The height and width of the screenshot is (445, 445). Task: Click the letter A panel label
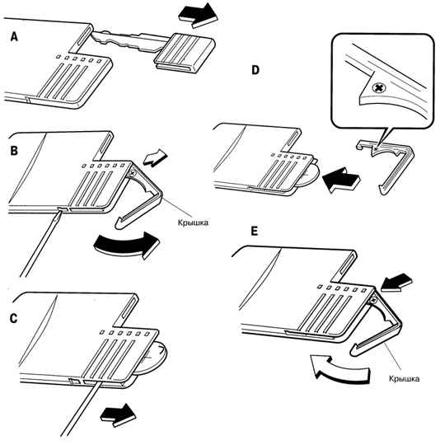click(14, 36)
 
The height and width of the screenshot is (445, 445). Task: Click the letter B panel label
click(14, 151)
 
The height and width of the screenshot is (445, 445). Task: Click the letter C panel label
click(13, 318)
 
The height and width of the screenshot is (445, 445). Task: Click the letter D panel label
click(255, 70)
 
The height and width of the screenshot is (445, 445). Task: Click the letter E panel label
click(255, 232)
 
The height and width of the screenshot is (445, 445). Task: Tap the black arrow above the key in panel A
click(198, 16)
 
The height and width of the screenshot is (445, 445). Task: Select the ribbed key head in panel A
click(185, 53)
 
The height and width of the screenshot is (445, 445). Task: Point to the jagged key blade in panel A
click(128, 41)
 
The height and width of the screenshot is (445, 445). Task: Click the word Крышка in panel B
click(193, 222)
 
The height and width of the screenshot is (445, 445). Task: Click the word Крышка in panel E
click(404, 379)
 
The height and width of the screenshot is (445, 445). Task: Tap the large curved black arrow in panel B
click(126, 245)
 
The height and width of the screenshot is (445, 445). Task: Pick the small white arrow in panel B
click(155, 157)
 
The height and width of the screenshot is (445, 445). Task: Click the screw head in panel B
click(132, 172)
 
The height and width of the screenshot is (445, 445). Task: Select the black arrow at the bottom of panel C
click(118, 415)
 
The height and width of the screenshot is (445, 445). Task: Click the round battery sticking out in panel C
click(153, 358)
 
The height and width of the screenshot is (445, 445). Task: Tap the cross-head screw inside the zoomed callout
click(378, 88)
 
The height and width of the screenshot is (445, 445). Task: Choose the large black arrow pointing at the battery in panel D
click(341, 180)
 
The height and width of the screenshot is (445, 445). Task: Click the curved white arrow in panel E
click(340, 369)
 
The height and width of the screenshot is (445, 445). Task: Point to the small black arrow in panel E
click(396, 283)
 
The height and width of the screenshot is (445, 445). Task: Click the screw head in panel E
click(373, 298)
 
